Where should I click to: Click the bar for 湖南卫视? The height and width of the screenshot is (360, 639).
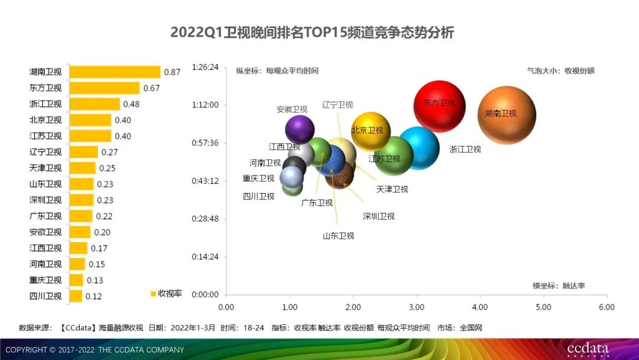(115, 72)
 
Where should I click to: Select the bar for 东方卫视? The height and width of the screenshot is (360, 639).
(104, 88)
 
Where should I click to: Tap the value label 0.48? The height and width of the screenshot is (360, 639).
(131, 104)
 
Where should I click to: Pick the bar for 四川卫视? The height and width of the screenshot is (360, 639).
(76, 296)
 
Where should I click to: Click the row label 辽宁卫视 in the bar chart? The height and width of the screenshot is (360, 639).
(46, 152)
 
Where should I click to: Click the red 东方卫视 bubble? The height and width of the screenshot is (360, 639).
(440, 107)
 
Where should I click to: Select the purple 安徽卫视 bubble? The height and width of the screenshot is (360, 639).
(299, 129)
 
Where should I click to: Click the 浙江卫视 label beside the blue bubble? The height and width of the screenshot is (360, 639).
(465, 149)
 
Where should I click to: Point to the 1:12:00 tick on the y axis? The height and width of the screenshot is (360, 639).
(205, 105)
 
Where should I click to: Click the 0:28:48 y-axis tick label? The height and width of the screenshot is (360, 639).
(205, 218)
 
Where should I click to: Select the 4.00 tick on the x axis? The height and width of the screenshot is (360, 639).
(480, 307)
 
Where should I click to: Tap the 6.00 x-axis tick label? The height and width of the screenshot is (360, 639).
(606, 307)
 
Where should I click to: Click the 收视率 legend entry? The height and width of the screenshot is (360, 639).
(166, 294)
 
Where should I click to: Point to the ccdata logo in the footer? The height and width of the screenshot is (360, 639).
(588, 349)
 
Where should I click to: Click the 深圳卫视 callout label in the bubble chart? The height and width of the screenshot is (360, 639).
(379, 216)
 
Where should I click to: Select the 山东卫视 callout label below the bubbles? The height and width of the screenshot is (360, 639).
(338, 236)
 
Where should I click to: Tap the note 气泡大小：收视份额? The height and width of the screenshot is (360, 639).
(560, 70)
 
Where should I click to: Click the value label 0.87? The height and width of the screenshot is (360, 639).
(172, 72)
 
